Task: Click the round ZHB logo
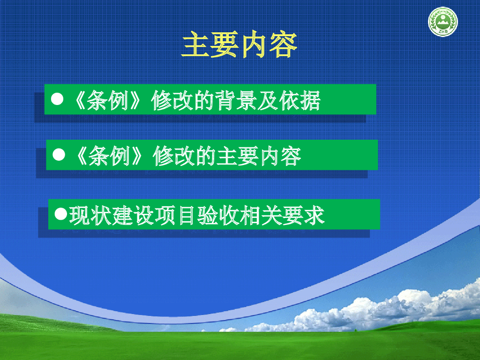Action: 442,22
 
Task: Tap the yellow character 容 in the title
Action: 283,45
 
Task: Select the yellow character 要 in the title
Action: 225,45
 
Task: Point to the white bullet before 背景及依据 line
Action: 57,99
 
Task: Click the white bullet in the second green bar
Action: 59,155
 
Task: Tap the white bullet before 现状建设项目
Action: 60,214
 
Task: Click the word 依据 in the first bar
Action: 300,100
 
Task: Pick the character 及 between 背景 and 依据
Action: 268,100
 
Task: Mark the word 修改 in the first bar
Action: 172,100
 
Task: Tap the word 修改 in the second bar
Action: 173,156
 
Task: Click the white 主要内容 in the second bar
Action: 259,156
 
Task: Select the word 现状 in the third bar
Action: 90,215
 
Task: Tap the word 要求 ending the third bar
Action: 303,215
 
